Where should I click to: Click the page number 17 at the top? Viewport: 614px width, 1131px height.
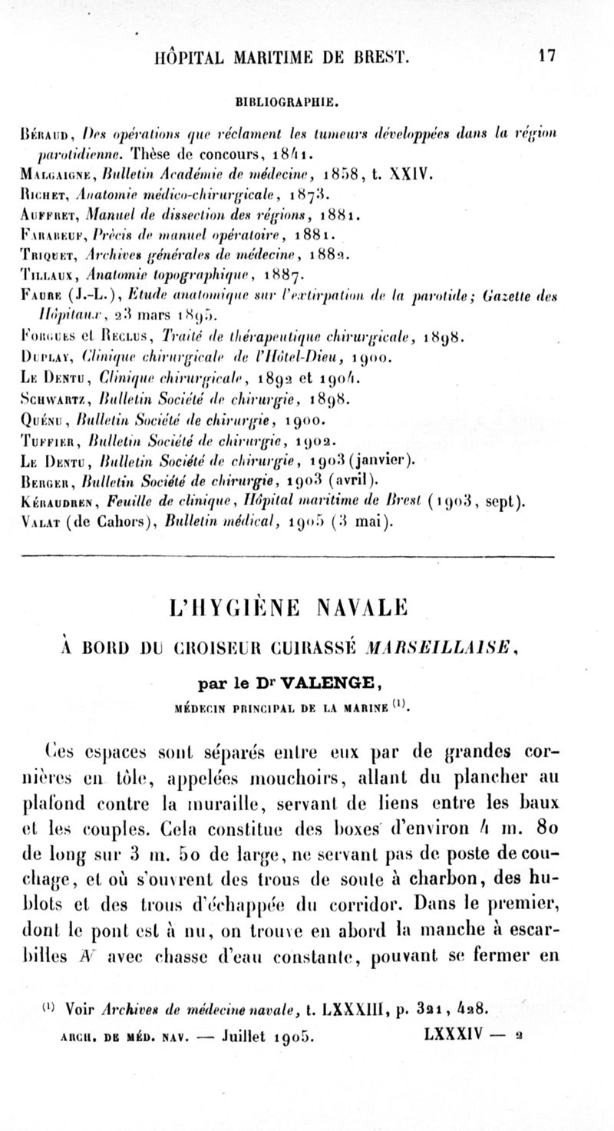click(546, 56)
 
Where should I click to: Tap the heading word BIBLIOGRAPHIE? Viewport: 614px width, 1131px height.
click(307, 101)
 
